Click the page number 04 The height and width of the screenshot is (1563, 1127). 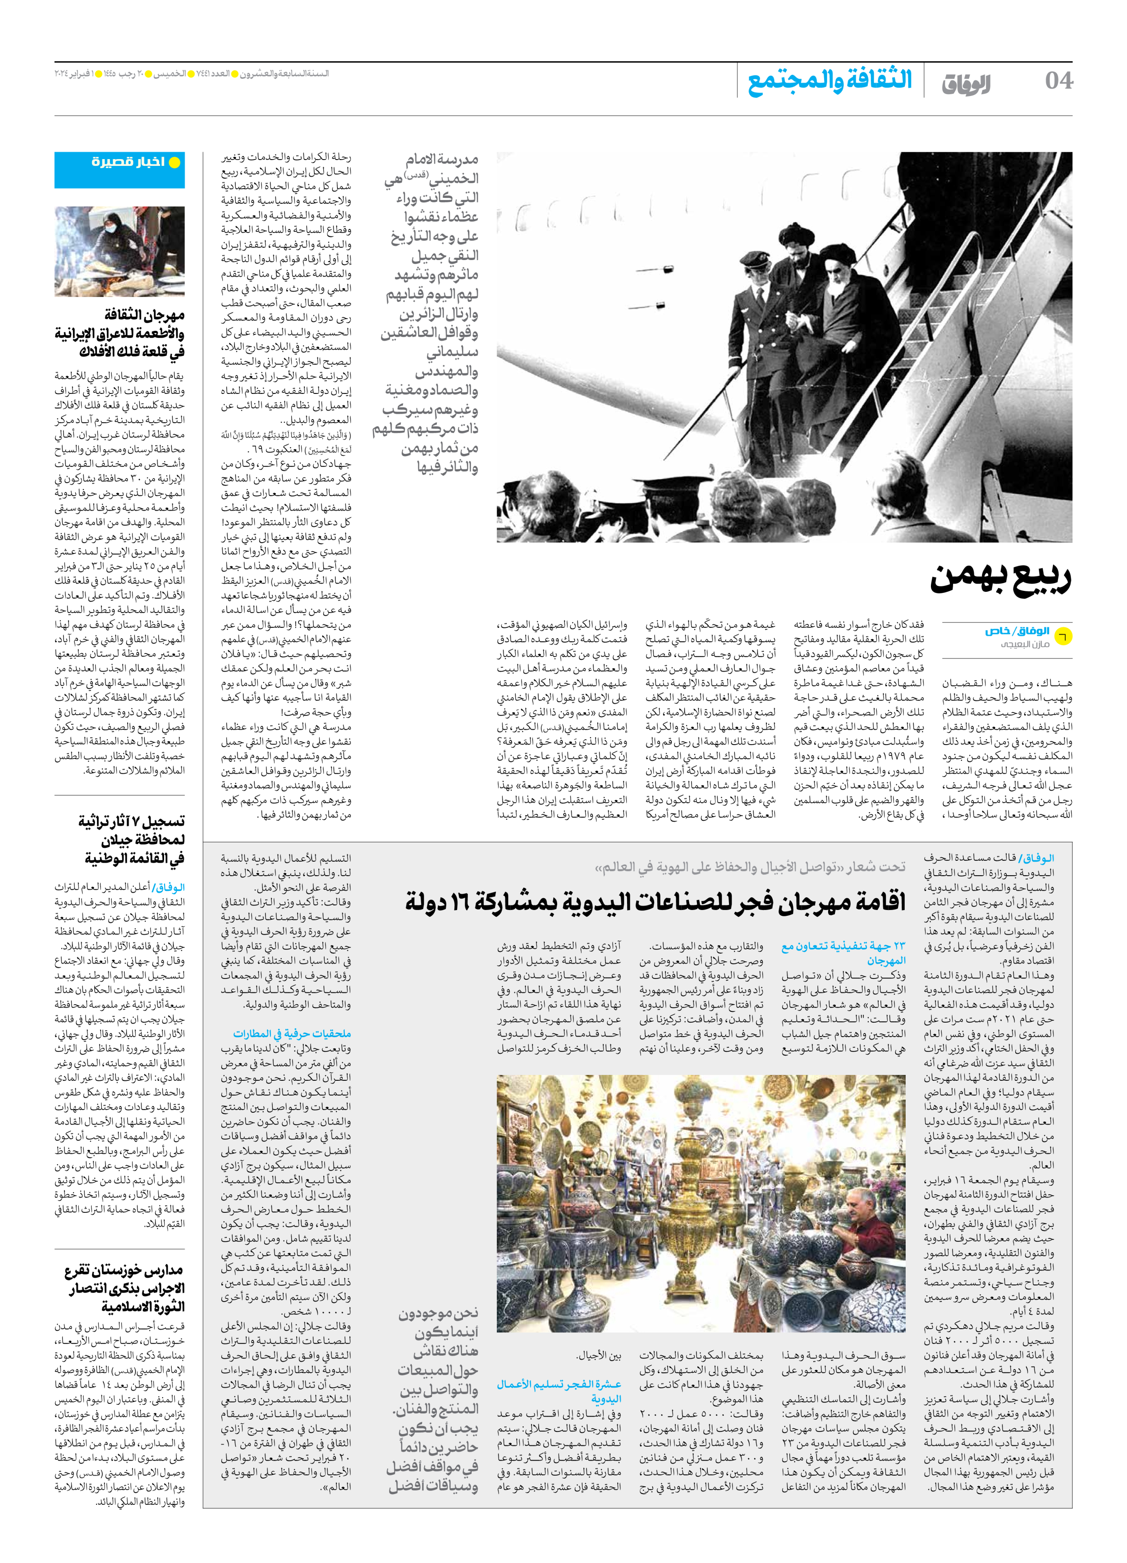click(1058, 81)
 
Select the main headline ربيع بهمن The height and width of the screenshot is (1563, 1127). click(1000, 577)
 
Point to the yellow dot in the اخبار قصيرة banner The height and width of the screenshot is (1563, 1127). click(175, 163)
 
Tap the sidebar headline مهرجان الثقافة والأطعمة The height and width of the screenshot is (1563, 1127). click(120, 334)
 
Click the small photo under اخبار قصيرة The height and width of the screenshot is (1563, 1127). click(119, 251)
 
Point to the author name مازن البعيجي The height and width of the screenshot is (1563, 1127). click(1025, 644)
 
